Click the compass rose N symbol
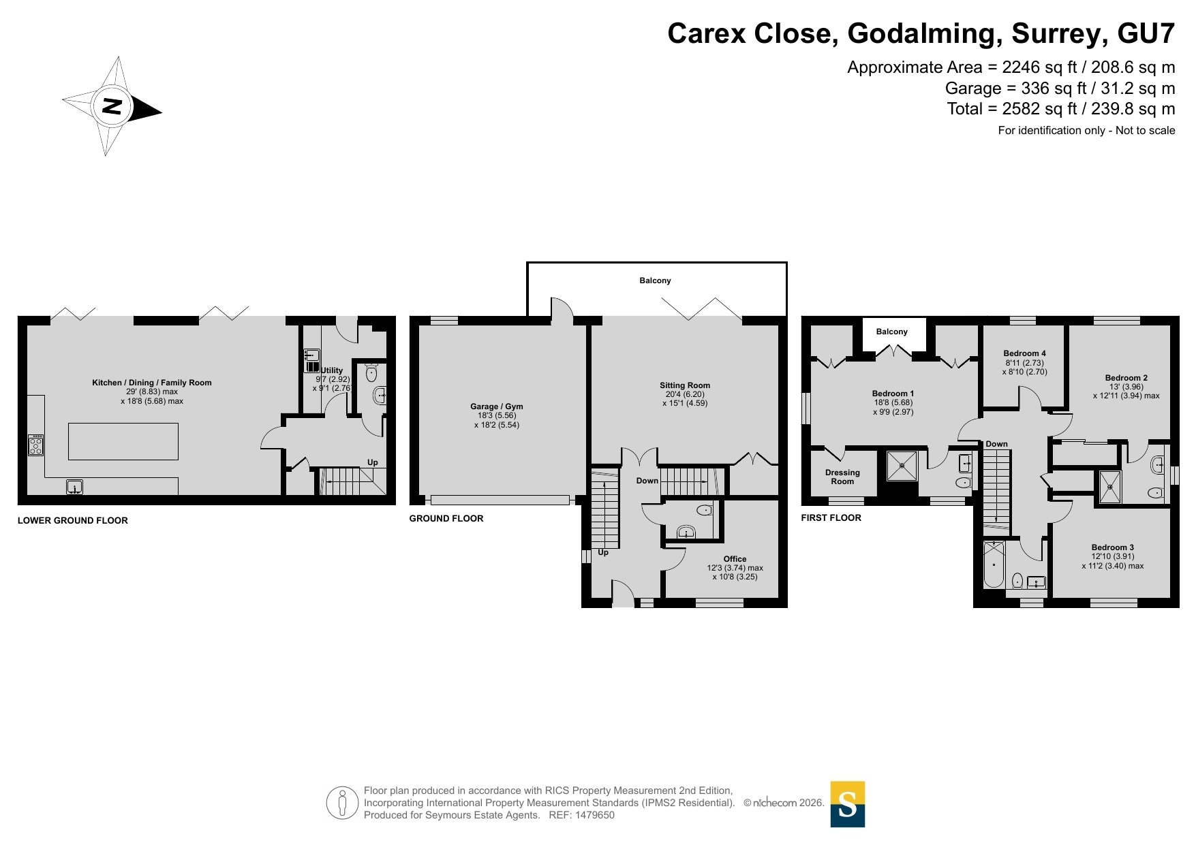(112, 106)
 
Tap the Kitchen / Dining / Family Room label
(152, 383)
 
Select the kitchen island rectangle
(123, 441)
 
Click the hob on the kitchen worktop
(35, 445)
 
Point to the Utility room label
(333, 370)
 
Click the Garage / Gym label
(497, 406)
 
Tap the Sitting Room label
(685, 385)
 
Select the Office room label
(735, 559)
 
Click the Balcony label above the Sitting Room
(655, 281)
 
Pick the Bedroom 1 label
(893, 394)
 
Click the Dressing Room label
(842, 477)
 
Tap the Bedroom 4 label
(1024, 353)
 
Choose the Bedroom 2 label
(1126, 378)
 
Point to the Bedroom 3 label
(1113, 547)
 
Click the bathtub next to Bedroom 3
(994, 564)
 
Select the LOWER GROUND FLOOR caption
(73, 520)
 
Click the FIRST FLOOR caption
(831, 517)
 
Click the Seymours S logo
(848, 804)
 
